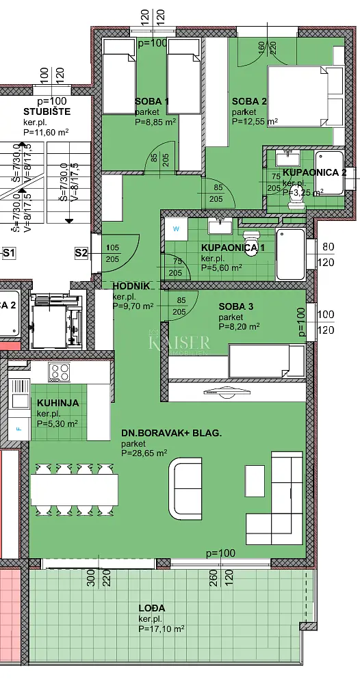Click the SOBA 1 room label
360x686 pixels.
[x=152, y=101]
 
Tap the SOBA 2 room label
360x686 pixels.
[x=244, y=101]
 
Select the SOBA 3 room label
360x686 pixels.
[x=236, y=306]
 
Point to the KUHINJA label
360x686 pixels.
[x=57, y=404]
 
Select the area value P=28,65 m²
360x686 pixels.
[x=144, y=453]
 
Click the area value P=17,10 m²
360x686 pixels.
[x=162, y=629]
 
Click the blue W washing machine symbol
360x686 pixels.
[x=176, y=228]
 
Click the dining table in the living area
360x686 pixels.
[x=74, y=490]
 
